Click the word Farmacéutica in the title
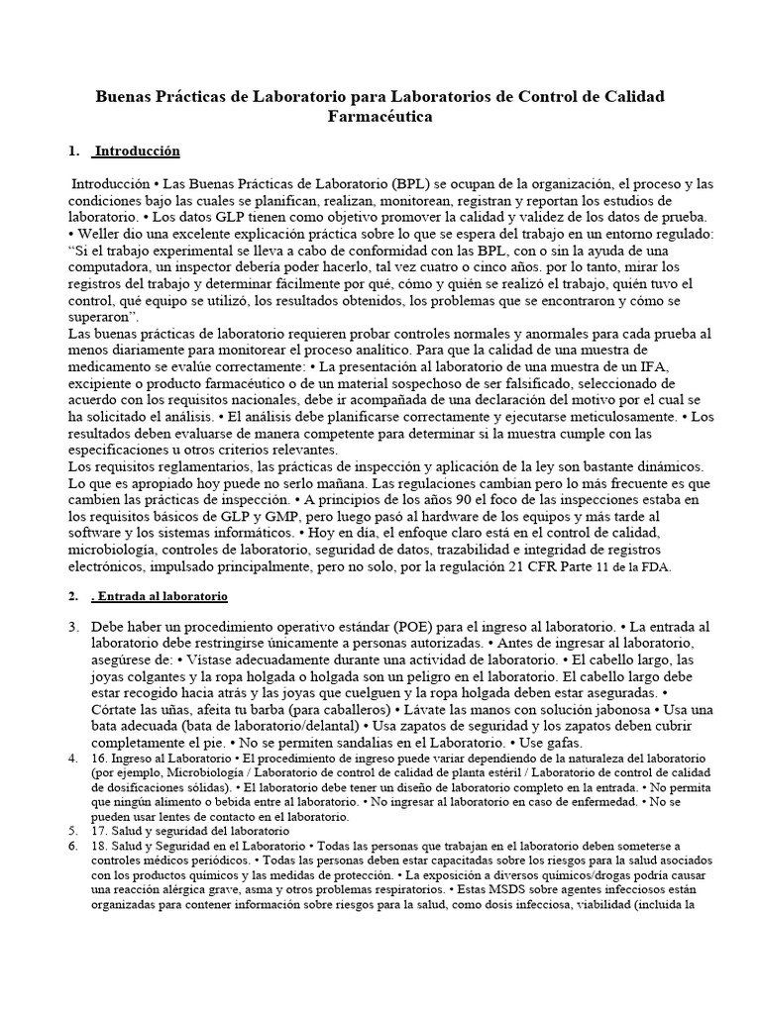coord(380,116)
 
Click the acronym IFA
coord(658,365)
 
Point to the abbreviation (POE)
coord(417,627)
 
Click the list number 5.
coord(72,832)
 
